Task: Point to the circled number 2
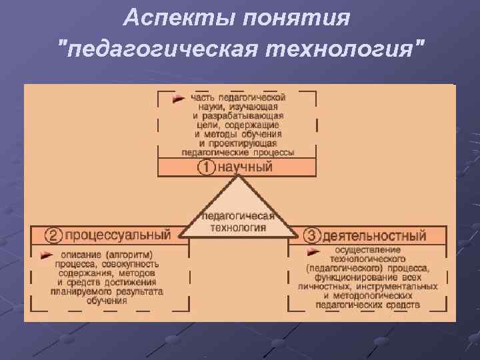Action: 54,235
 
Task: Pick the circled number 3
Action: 312,235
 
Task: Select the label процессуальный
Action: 118,235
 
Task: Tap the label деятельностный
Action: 375,235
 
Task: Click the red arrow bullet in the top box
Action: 178,99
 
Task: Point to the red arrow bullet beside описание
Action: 46,255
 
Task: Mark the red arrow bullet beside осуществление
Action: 312,251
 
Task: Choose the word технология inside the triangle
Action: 239,227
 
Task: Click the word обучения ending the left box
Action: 110,301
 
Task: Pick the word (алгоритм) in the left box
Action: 129,255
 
